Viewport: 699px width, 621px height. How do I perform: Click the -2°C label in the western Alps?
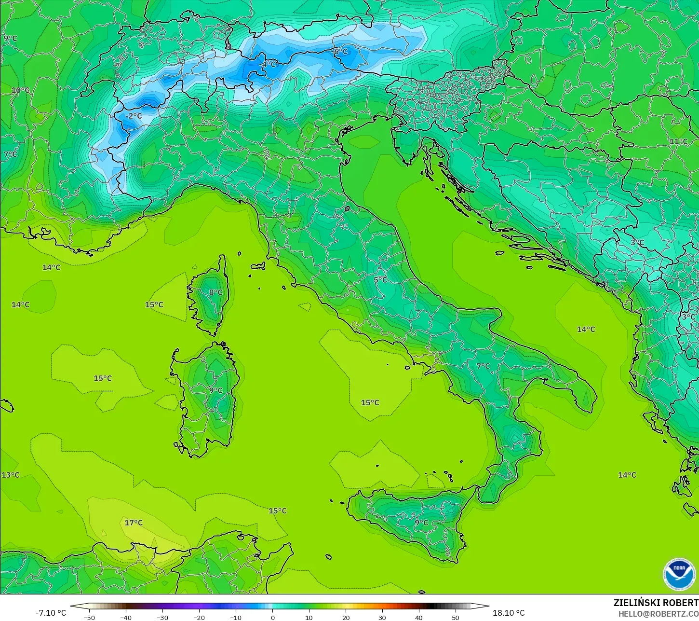click(134, 116)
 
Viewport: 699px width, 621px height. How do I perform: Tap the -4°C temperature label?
click(268, 64)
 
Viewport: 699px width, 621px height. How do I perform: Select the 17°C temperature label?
click(134, 523)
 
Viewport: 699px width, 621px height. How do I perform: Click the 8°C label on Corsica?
click(215, 292)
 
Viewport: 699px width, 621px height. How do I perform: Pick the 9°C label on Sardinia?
click(215, 390)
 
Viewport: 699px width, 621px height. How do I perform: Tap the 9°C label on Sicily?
click(421, 522)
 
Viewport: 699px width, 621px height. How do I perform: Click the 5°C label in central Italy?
click(380, 280)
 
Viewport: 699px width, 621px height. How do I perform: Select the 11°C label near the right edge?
click(678, 141)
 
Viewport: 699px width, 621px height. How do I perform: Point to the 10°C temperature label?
click(20, 90)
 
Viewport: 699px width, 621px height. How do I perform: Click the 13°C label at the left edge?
click(10, 475)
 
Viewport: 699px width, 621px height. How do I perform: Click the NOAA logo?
click(679, 574)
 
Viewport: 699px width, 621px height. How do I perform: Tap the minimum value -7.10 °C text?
click(51, 613)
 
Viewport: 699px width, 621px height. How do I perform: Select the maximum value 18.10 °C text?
click(508, 613)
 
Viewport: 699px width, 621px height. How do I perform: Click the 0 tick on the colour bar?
click(272, 617)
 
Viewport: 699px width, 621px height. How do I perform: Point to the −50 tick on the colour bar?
click(89, 617)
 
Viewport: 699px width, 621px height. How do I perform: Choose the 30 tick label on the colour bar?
click(382, 617)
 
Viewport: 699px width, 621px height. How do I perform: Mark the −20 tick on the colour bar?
click(199, 617)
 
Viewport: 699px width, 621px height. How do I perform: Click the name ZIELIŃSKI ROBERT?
click(656, 603)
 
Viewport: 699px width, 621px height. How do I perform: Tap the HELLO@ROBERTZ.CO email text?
click(658, 613)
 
